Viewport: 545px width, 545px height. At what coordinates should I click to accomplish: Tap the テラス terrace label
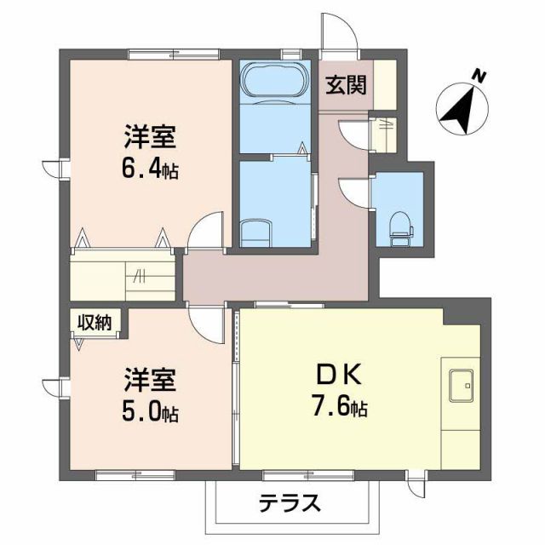tap(290, 502)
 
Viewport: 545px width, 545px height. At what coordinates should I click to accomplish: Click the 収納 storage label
tap(95, 321)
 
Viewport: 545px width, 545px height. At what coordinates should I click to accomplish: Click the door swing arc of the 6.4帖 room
tap(204, 232)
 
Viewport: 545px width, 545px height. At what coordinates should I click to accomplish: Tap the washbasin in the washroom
tap(255, 232)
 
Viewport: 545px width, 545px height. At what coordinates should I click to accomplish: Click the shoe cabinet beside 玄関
tap(385, 85)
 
